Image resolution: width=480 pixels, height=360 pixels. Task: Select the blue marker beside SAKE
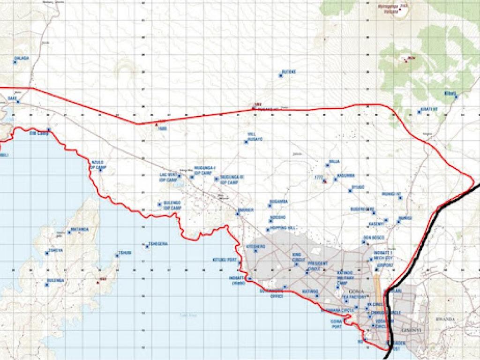click(x=18, y=101)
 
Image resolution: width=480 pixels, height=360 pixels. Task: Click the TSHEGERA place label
click(x=158, y=243)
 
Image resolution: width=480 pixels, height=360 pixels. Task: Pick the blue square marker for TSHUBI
click(x=117, y=255)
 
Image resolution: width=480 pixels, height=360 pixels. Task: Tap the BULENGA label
click(x=55, y=280)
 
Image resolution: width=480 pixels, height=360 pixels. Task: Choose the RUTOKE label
click(x=289, y=72)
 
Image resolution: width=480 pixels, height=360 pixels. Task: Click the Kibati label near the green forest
click(x=450, y=93)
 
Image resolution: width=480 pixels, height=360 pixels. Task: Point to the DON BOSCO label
click(x=374, y=237)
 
